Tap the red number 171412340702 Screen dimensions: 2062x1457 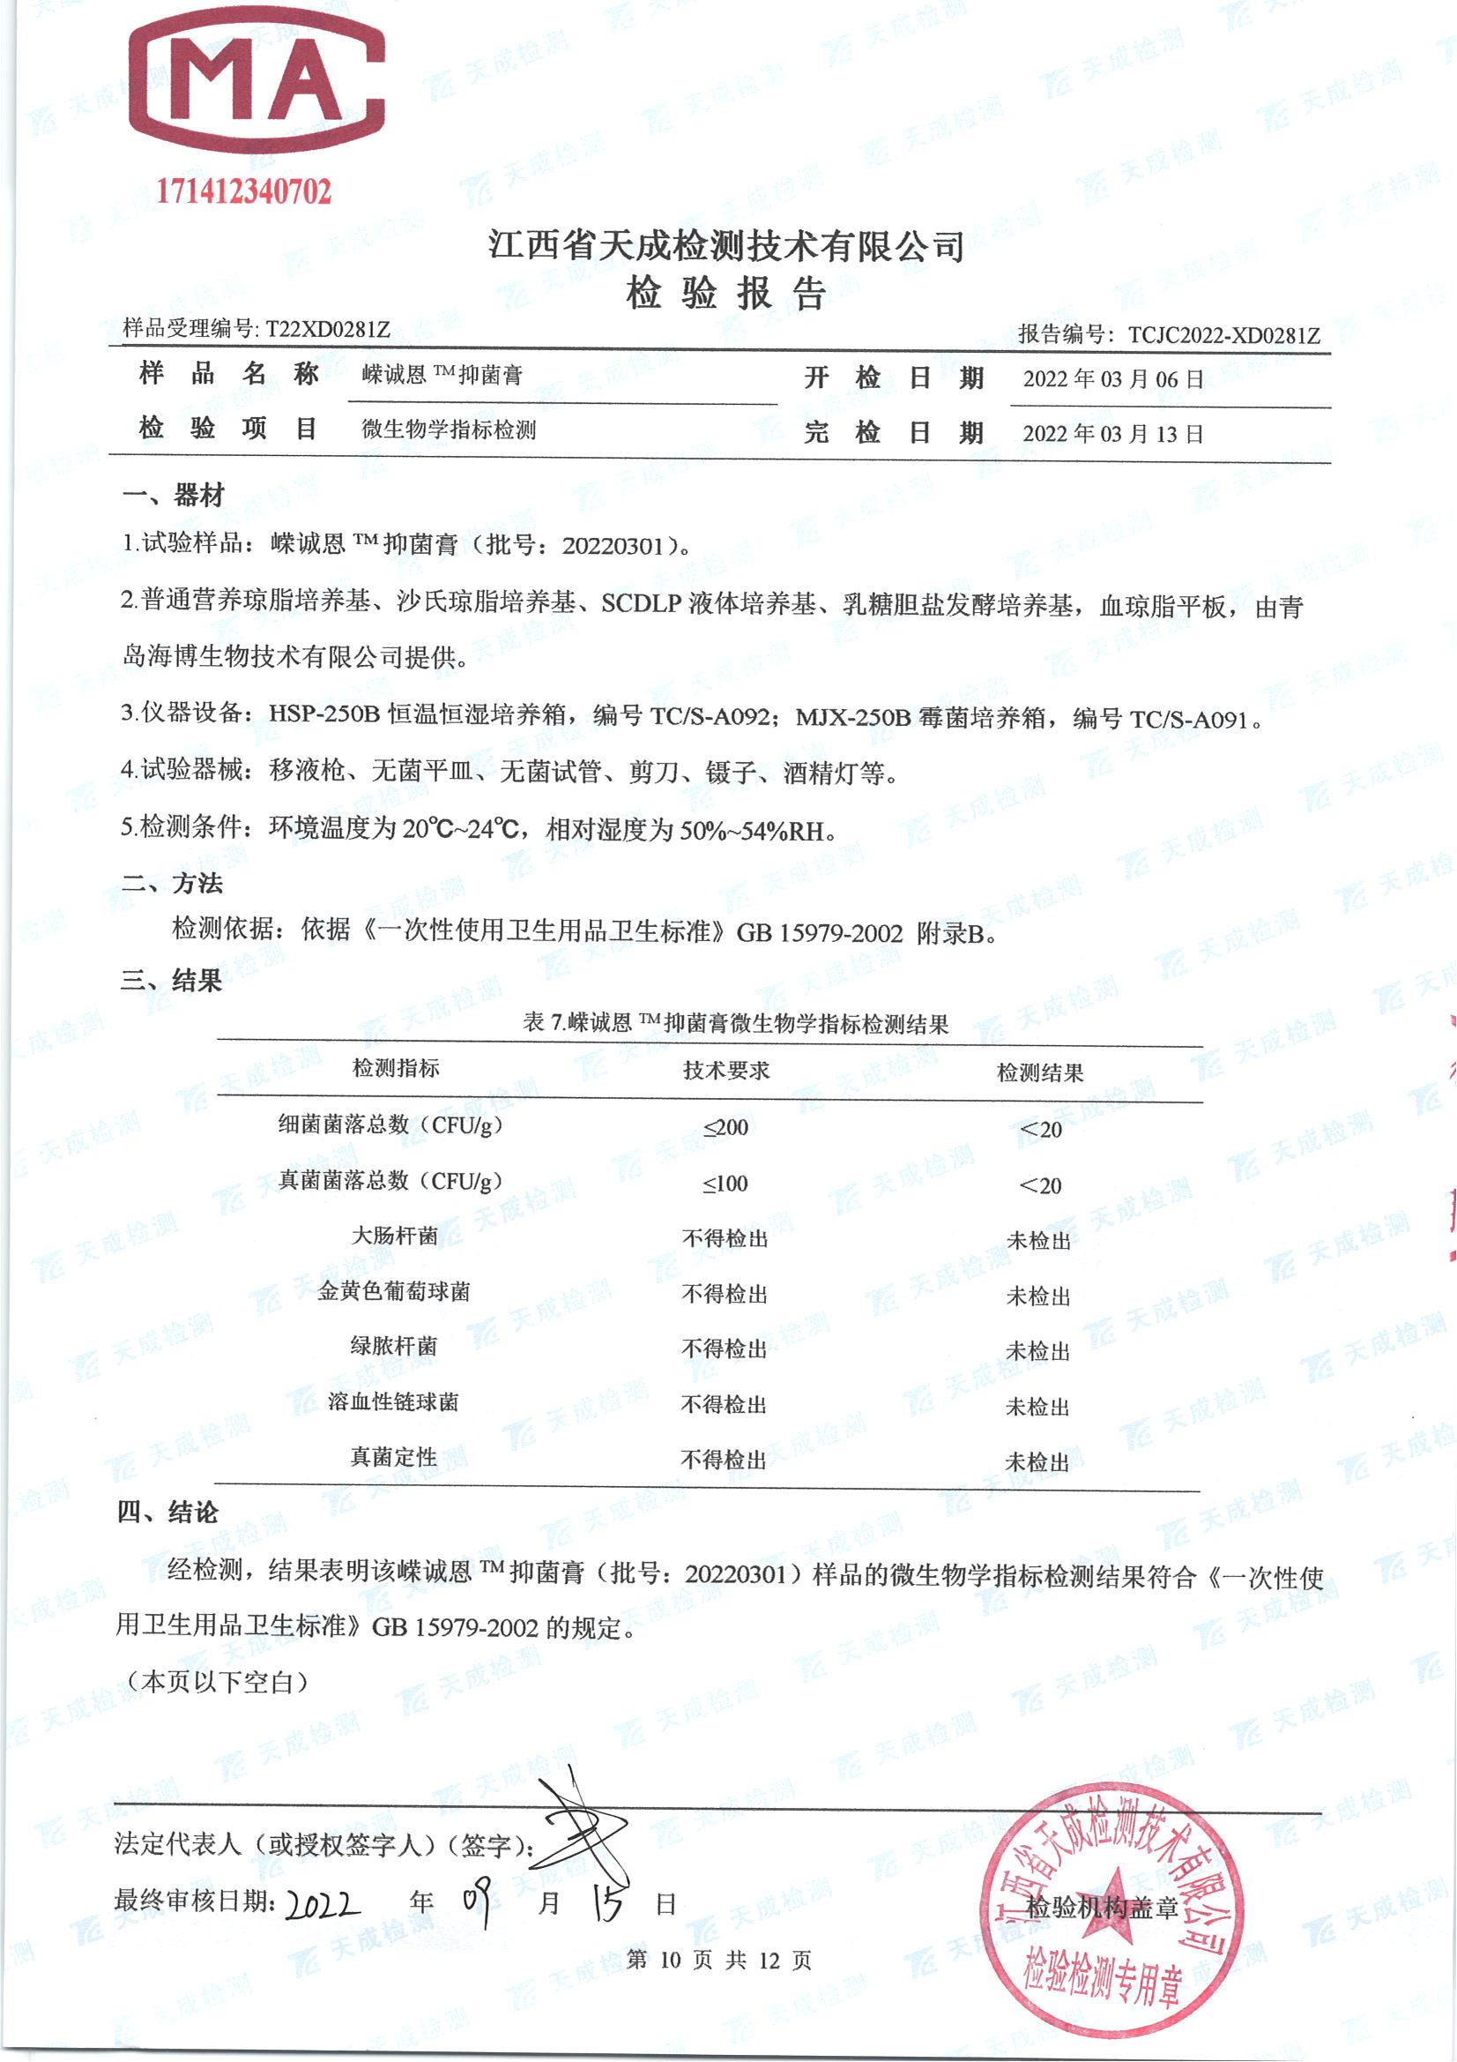coord(244,191)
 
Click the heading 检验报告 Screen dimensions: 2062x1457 coord(725,294)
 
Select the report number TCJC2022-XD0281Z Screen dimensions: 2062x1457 coord(1223,336)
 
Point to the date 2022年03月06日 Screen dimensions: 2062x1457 coord(1112,379)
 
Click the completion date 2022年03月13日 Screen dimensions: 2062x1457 coord(1112,434)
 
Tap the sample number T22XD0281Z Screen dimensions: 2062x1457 coord(328,329)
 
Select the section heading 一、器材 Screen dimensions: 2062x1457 coord(173,495)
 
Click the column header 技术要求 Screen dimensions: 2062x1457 coord(726,1070)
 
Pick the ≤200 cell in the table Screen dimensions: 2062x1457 coord(725,1128)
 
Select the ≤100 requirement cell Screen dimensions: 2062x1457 coord(725,1184)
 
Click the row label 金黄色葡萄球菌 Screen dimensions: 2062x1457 coord(393,1291)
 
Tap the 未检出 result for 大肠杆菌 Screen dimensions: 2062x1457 coord(1038,1240)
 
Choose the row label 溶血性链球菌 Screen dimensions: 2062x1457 coord(393,1402)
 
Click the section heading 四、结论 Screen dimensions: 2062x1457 coord(167,1513)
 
